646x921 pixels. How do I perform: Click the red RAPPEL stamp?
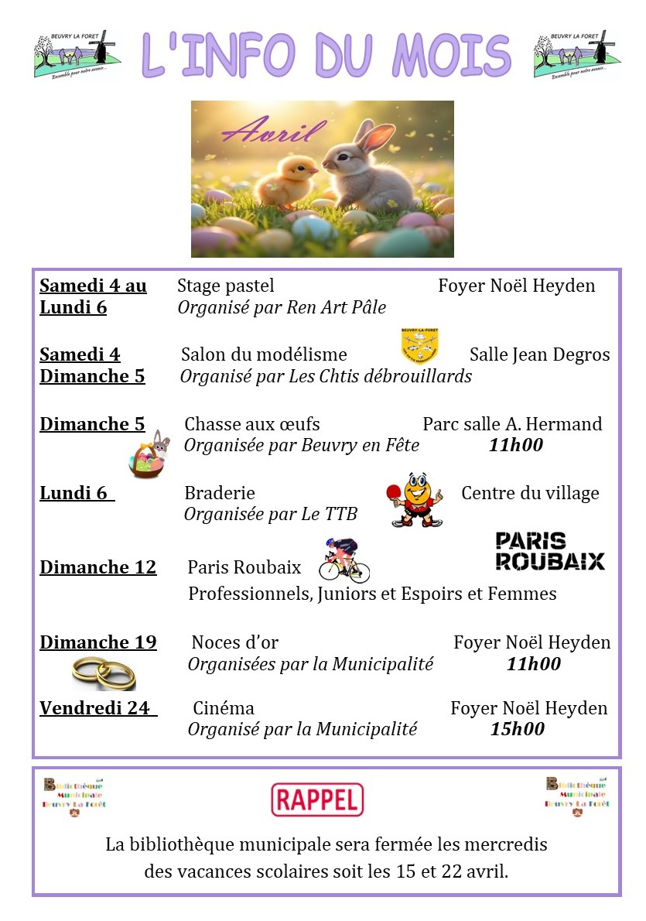317,799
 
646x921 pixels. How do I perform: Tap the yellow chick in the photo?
285,177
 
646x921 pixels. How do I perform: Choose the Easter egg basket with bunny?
149,456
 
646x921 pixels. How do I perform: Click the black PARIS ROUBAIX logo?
549,551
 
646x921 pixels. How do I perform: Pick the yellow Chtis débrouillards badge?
419,346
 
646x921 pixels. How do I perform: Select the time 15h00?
518,729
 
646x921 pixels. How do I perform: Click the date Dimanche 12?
98,567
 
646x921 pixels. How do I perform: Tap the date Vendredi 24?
95,708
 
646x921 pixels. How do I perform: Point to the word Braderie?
220,493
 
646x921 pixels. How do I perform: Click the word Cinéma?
224,708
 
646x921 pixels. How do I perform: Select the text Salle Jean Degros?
539,354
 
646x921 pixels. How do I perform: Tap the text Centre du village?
530,493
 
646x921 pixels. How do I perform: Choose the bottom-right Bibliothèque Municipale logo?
577,797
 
